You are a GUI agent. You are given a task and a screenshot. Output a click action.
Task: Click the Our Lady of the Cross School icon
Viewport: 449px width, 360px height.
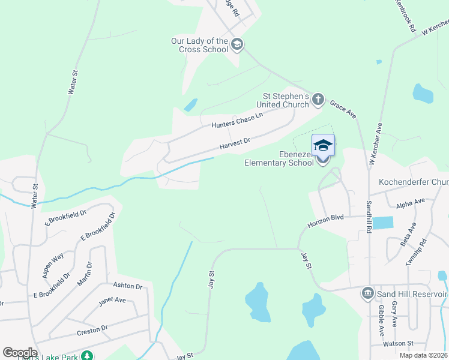tap(237, 44)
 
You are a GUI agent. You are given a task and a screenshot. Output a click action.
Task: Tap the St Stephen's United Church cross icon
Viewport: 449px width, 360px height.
tap(318, 99)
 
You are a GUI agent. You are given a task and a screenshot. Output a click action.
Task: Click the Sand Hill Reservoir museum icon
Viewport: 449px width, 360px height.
tap(367, 293)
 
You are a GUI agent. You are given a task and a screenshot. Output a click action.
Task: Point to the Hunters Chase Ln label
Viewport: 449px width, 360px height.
tap(237, 121)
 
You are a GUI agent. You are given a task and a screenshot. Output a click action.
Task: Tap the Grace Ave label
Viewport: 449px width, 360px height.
tap(343, 109)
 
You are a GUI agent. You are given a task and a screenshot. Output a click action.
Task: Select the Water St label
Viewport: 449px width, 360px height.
tap(73, 82)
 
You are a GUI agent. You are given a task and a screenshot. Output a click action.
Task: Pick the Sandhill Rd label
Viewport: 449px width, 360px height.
tap(369, 210)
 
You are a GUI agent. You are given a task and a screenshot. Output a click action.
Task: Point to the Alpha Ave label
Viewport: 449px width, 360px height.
tap(411, 204)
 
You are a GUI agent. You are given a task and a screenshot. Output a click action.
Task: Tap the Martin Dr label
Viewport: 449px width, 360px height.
tap(89, 272)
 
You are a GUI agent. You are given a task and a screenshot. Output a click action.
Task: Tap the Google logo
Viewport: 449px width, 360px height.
tap(20, 353)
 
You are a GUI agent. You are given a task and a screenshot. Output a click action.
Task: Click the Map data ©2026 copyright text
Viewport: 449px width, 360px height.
tap(423, 355)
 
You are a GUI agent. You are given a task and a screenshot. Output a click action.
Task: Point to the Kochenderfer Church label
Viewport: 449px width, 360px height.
tap(414, 182)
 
